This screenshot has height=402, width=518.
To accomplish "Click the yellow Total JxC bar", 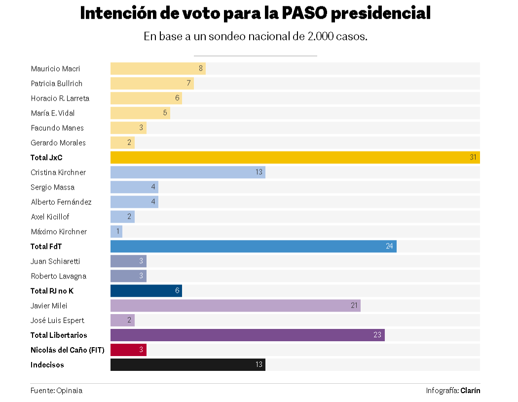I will pos(295,158).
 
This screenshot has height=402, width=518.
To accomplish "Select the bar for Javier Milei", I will pos(235,306).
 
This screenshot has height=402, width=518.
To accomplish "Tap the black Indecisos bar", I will pos(187,365).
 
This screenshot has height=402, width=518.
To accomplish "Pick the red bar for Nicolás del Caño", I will pos(128,350).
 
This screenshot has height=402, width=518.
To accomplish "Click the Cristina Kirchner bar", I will pos(187,172).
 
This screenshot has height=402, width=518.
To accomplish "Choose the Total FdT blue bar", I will pos(253,246).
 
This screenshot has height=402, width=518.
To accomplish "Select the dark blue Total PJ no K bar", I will pos(146,291).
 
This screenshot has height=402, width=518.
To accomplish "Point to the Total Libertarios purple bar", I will pos(247,335).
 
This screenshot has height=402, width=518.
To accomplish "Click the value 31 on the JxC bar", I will pos(473,158).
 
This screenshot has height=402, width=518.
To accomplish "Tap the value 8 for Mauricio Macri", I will pos(201,69).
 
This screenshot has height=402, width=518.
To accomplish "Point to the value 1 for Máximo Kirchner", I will pos(118,232).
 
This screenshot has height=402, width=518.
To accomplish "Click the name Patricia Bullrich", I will pos(57,83).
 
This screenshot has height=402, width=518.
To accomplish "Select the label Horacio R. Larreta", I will pos(60,98).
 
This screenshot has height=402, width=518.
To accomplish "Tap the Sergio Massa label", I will pos(53,187).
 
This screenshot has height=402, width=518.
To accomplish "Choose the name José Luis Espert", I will pos(58,321).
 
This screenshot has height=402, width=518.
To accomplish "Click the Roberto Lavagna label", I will pos(59,276).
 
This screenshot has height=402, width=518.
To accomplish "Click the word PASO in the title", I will pos(304,13).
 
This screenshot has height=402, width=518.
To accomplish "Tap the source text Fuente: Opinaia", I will pos(57,391).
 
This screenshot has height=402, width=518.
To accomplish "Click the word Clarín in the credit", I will pos(470,391).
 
